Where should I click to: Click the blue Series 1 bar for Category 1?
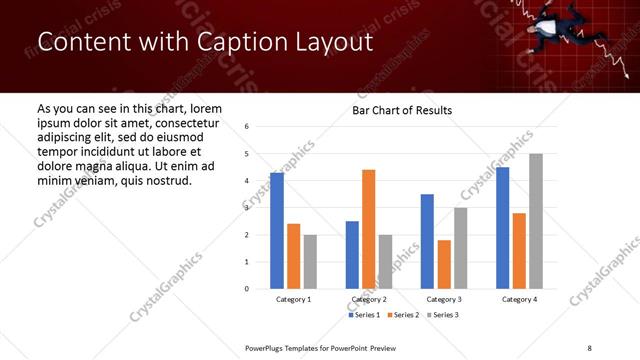(x=277, y=231)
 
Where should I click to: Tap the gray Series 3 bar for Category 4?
(x=536, y=221)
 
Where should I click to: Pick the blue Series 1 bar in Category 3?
(x=427, y=241)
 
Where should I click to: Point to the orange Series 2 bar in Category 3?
(x=444, y=264)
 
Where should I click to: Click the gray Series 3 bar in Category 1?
(x=310, y=261)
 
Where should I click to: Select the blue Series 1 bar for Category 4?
(x=502, y=228)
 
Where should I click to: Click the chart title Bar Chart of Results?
(x=402, y=110)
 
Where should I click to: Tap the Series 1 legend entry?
(x=364, y=315)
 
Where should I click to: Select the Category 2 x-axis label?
(x=368, y=299)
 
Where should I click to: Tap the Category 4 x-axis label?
(x=519, y=299)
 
